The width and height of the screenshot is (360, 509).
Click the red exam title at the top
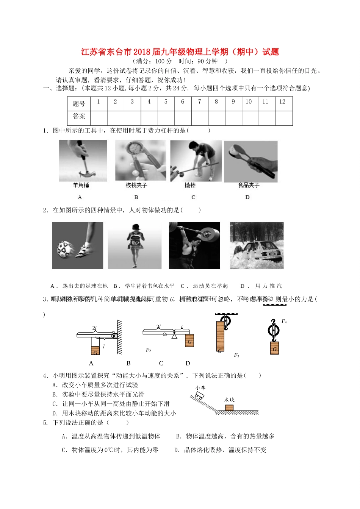point(180,52)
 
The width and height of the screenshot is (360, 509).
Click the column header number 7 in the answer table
point(199,102)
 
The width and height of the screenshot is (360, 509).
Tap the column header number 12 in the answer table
point(282,102)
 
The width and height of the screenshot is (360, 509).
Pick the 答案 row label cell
point(79,117)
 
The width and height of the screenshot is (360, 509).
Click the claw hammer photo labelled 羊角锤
point(83,161)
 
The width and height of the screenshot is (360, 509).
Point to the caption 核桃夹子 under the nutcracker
point(136,185)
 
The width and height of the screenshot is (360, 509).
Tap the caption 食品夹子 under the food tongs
point(249,185)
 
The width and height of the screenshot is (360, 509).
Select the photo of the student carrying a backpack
point(135,245)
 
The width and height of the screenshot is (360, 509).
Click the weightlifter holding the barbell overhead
point(194,245)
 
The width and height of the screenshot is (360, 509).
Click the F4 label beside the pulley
point(284,322)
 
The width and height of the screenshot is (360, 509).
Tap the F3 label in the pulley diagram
point(236,355)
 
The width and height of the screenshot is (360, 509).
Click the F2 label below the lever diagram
point(149,350)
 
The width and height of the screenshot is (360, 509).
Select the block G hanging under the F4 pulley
point(274,348)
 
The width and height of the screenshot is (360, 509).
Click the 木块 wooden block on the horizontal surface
point(229,408)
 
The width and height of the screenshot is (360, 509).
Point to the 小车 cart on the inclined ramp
point(199,396)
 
